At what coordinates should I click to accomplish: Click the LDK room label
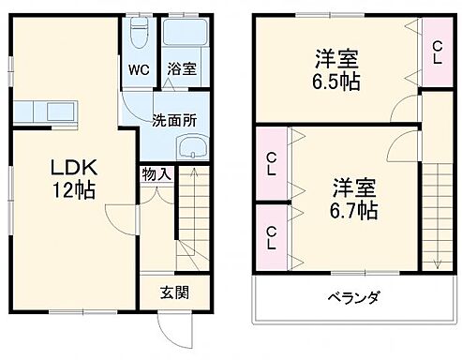70,170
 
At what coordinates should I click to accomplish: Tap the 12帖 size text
73,189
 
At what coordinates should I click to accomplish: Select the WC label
138,69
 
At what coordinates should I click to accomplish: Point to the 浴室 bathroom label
181,69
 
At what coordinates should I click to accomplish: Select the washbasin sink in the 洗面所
193,146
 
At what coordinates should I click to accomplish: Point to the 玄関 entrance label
171,292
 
